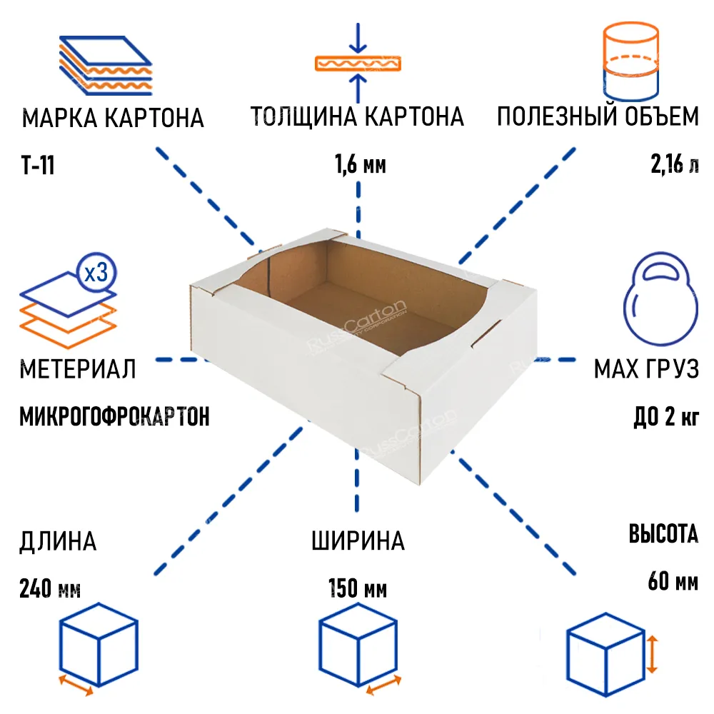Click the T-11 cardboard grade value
(x=38, y=165)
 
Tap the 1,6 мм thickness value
(x=360, y=164)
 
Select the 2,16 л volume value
(x=675, y=164)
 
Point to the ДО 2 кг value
(x=666, y=416)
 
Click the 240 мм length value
(x=50, y=588)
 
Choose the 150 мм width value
(x=358, y=588)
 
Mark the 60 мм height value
(x=673, y=581)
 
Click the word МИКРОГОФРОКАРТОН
(x=114, y=417)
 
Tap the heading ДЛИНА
(x=58, y=541)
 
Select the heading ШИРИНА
(x=358, y=541)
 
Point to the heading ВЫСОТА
(x=663, y=533)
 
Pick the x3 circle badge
(x=96, y=272)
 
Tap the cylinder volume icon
(x=630, y=61)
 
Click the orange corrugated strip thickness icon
(x=358, y=64)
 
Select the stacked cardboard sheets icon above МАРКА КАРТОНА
(x=105, y=66)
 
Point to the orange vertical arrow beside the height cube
(x=652, y=655)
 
